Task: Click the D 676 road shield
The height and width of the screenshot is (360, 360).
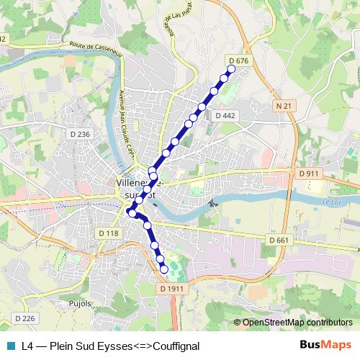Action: (x=238, y=60)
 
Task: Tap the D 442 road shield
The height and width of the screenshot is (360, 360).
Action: (x=225, y=115)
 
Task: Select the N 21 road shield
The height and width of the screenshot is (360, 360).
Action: (x=284, y=106)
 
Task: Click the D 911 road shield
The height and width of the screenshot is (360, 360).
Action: (x=307, y=174)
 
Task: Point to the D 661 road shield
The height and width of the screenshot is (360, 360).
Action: (x=278, y=240)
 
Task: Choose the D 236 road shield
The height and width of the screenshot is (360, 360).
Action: (x=81, y=134)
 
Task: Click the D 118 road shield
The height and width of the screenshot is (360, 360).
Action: (x=109, y=233)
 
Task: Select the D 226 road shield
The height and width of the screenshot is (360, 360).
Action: (x=24, y=318)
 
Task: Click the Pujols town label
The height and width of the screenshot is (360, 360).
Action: (x=80, y=303)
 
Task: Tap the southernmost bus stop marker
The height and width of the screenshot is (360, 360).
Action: (x=164, y=269)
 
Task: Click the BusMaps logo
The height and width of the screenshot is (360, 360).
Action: (x=325, y=345)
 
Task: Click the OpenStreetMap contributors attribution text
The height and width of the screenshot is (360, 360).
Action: (x=297, y=322)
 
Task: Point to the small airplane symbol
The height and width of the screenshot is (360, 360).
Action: (x=212, y=202)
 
